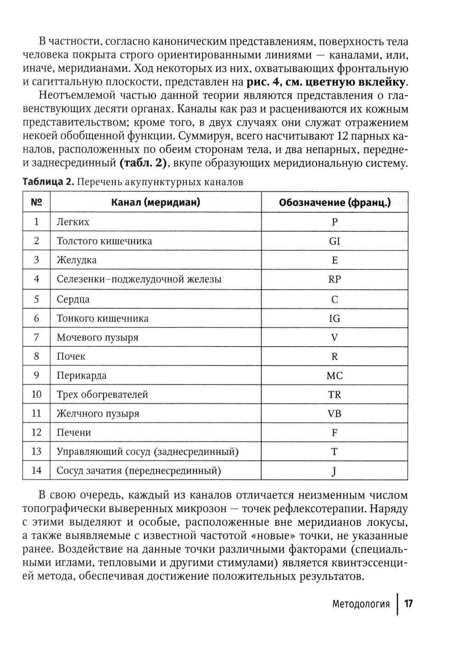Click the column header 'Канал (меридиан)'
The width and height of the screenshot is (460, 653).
(155, 202)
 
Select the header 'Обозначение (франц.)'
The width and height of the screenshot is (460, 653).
(334, 202)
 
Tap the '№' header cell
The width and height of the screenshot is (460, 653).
(36, 202)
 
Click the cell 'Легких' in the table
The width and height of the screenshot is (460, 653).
(73, 222)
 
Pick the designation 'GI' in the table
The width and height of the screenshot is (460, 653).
(334, 241)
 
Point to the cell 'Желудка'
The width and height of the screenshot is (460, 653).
(76, 260)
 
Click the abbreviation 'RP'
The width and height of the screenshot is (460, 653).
(334, 279)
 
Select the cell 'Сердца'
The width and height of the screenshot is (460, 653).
(73, 299)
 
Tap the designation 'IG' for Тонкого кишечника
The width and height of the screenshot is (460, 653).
(334, 318)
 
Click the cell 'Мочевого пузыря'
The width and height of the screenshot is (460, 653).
(97, 338)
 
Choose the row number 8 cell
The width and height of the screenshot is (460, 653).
(36, 356)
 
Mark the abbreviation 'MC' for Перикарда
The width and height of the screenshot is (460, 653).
(334, 376)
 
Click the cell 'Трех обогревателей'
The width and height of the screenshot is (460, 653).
(102, 395)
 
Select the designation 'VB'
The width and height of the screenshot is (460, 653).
(334, 413)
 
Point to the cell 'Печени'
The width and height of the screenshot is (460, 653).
(74, 433)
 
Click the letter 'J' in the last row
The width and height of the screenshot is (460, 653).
(334, 471)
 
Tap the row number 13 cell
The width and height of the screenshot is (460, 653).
(36, 452)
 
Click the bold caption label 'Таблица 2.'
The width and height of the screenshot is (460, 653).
(48, 182)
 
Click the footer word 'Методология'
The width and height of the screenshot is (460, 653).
(361, 604)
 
